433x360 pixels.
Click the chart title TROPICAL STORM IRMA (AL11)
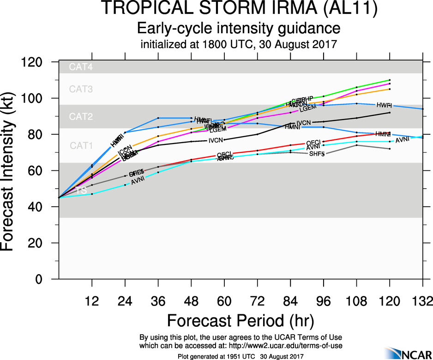(x=239, y=9)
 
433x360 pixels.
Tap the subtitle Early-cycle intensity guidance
(x=239, y=29)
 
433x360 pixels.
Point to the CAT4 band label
(x=81, y=67)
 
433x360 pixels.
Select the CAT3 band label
(x=81, y=89)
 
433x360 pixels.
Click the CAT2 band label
(x=81, y=117)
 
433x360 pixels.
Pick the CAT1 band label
(x=82, y=145)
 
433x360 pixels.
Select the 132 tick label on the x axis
(x=422, y=302)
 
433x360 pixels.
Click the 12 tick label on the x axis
(x=92, y=302)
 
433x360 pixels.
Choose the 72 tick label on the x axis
(x=257, y=302)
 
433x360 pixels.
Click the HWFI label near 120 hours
(x=384, y=105)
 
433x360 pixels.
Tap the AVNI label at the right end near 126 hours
(x=403, y=139)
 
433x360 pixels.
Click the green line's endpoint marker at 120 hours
(x=390, y=80)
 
